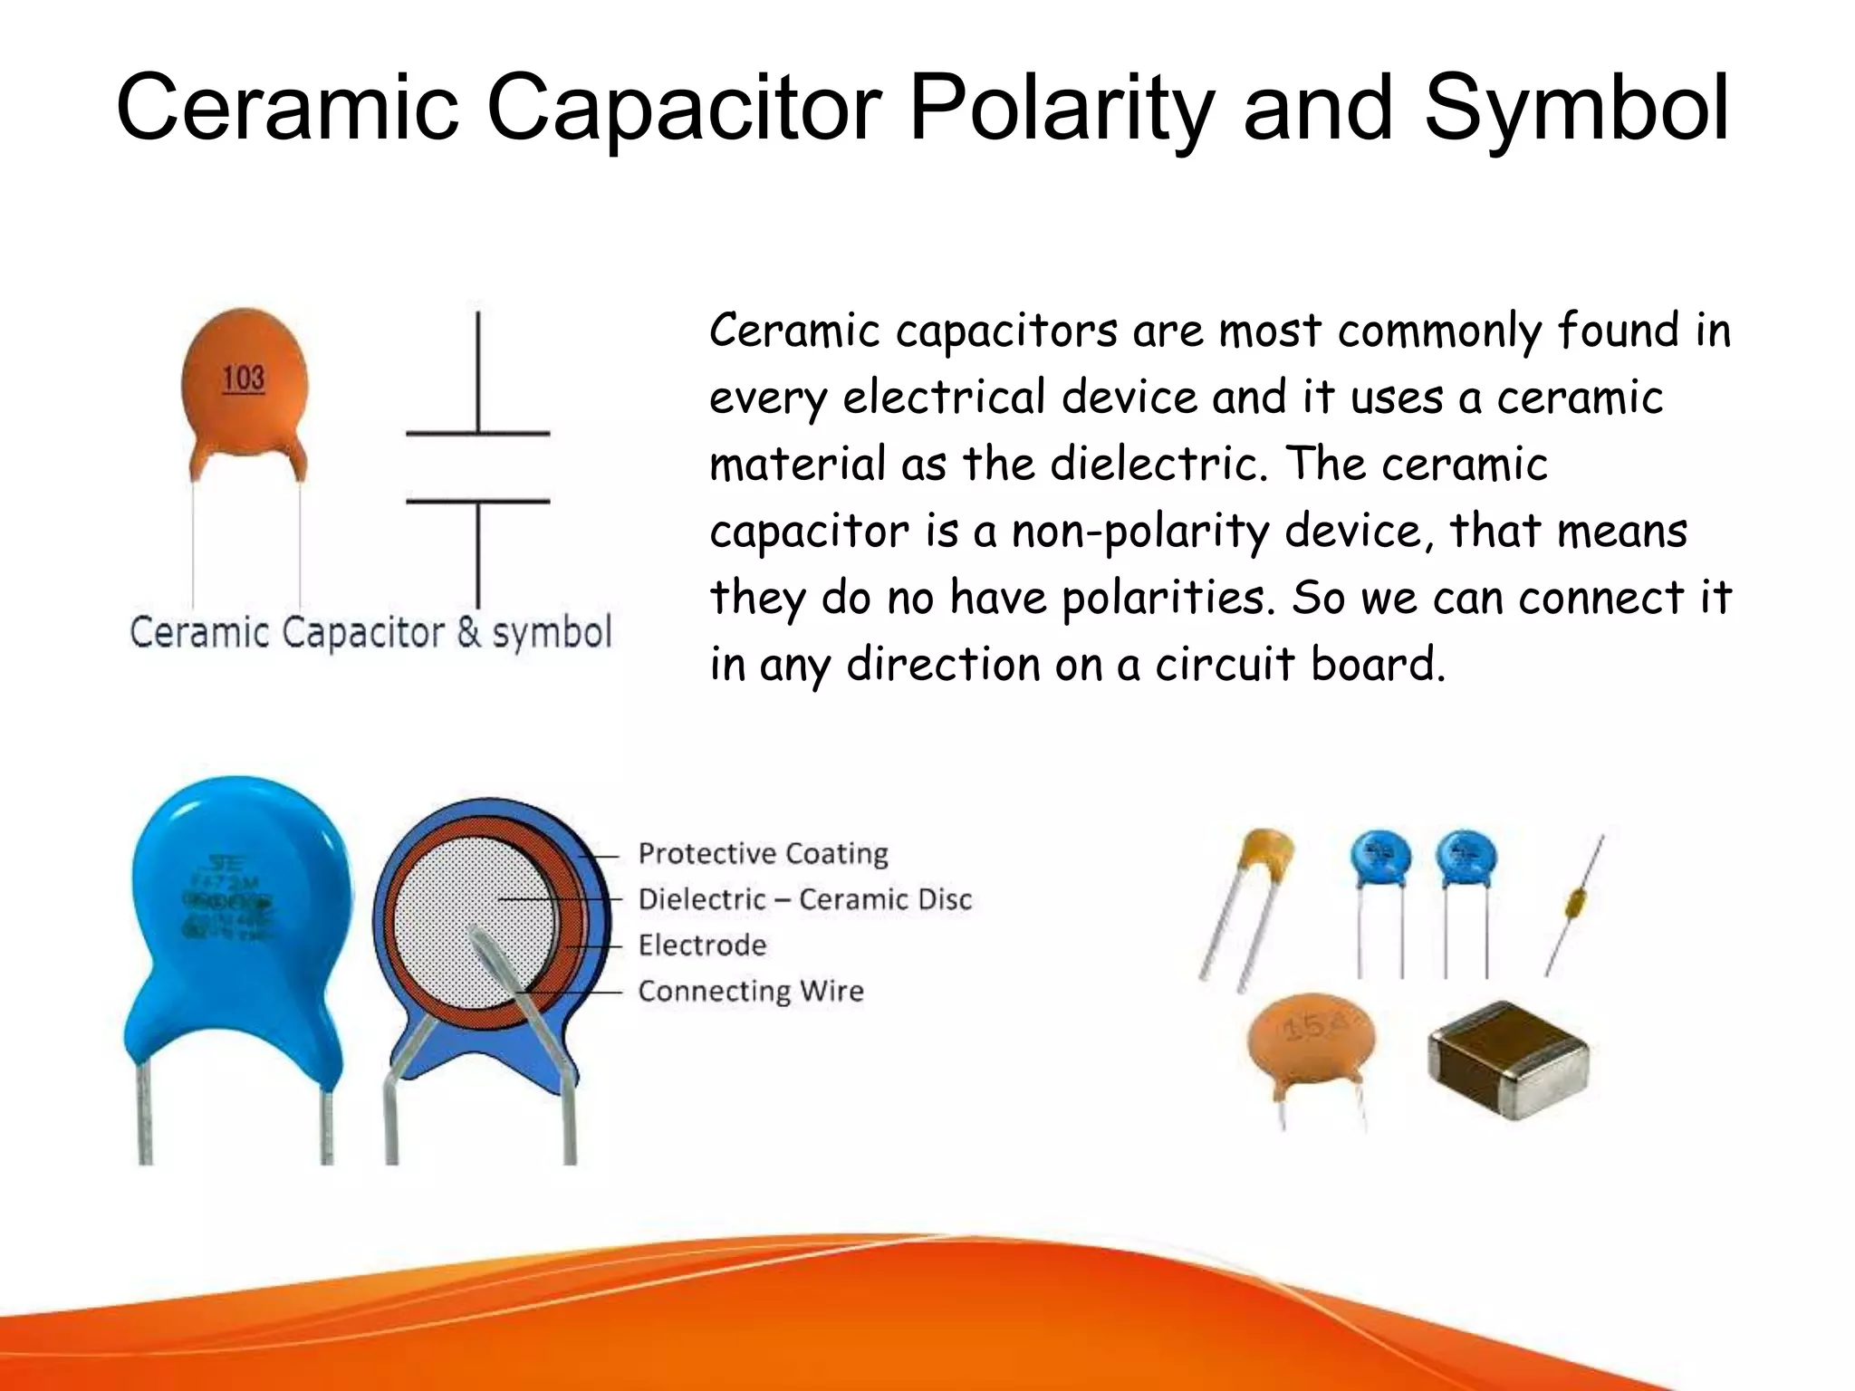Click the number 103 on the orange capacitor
[x=244, y=379]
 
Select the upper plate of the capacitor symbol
[x=477, y=434]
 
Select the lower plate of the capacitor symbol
[x=477, y=501]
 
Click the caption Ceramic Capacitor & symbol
[x=370, y=632]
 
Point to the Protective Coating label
[x=763, y=854]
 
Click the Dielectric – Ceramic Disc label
[x=804, y=899]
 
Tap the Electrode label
[x=702, y=945]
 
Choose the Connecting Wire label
[x=751, y=991]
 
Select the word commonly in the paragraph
[x=1439, y=331]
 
